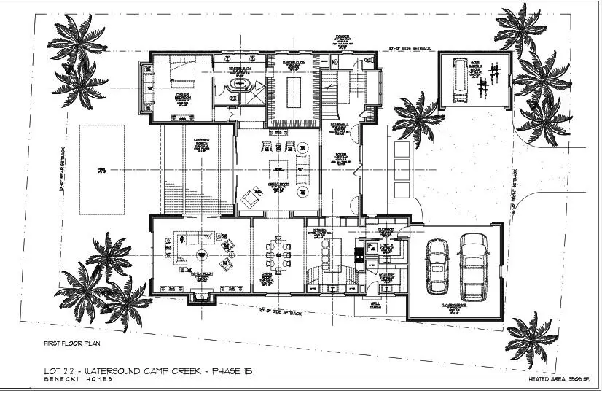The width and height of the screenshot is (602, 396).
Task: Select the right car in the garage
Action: pyautogui.click(x=473, y=265)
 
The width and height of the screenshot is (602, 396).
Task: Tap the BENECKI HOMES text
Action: pyautogui.click(x=73, y=380)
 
